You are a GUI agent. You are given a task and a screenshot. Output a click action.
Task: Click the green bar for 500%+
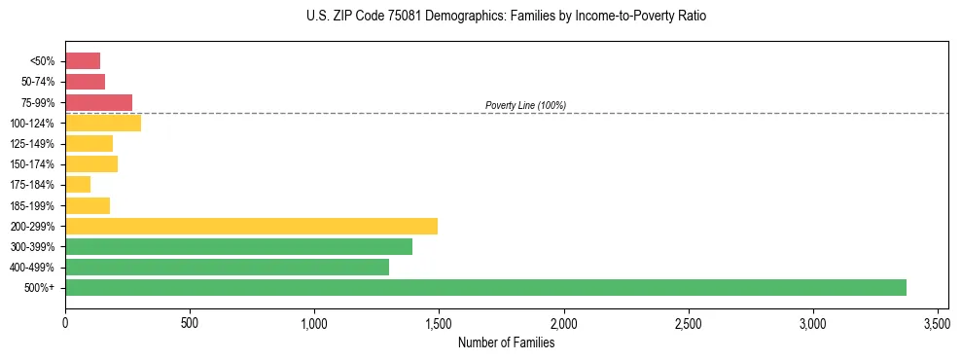(485, 287)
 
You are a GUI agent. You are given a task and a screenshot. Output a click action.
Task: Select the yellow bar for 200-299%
(251, 226)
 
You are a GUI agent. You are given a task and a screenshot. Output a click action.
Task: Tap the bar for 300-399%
(238, 246)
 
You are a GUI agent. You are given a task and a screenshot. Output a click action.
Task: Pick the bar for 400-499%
(227, 267)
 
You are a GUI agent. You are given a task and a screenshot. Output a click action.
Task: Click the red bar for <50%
(83, 60)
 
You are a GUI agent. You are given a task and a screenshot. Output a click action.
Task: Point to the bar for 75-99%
(98, 102)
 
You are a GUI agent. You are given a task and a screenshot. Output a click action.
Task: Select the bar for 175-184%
(78, 184)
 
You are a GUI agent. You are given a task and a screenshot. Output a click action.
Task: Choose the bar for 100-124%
(103, 123)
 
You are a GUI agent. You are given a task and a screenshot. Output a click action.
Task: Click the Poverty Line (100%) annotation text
(525, 105)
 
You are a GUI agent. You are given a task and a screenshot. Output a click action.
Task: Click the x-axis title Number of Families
(506, 342)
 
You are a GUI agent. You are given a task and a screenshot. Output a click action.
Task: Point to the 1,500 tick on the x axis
(439, 322)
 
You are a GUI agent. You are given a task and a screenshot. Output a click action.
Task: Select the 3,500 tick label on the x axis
(937, 322)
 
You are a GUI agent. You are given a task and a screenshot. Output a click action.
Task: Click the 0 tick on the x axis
(65, 322)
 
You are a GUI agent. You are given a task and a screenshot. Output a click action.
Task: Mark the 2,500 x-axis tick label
(688, 322)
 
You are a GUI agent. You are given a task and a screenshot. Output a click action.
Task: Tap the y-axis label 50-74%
(38, 82)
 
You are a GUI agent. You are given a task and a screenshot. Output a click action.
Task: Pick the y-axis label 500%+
(42, 288)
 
